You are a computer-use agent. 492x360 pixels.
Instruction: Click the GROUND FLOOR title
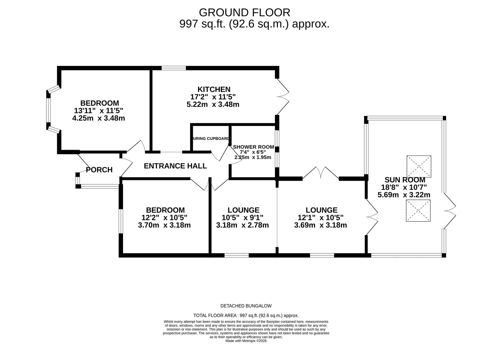(244, 12)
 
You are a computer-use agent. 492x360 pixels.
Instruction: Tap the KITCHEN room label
(214, 89)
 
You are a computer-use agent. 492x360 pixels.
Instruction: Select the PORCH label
(99, 170)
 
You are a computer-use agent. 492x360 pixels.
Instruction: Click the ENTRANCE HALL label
(175, 166)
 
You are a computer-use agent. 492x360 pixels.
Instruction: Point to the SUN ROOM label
(405, 180)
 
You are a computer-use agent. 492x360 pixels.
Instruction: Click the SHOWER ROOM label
(254, 147)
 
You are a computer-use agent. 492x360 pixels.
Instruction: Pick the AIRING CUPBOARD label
(210, 139)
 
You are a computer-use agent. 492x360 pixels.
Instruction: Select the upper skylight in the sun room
(419, 166)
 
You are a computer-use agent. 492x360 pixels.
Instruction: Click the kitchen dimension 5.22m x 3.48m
(213, 104)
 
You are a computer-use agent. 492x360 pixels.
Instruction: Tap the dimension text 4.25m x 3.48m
(98, 118)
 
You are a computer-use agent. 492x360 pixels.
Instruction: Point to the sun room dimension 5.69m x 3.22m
(404, 195)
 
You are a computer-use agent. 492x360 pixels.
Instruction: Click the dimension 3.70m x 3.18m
(164, 225)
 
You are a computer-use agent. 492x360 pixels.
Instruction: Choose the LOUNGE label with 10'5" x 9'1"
(243, 210)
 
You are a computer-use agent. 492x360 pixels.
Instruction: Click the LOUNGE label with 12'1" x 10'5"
(322, 210)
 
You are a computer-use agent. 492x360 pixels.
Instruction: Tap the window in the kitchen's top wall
(174, 68)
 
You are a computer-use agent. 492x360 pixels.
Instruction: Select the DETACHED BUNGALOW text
(246, 306)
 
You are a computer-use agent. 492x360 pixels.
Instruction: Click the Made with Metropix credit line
(246, 341)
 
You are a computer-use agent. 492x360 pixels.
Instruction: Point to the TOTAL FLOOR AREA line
(246, 315)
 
